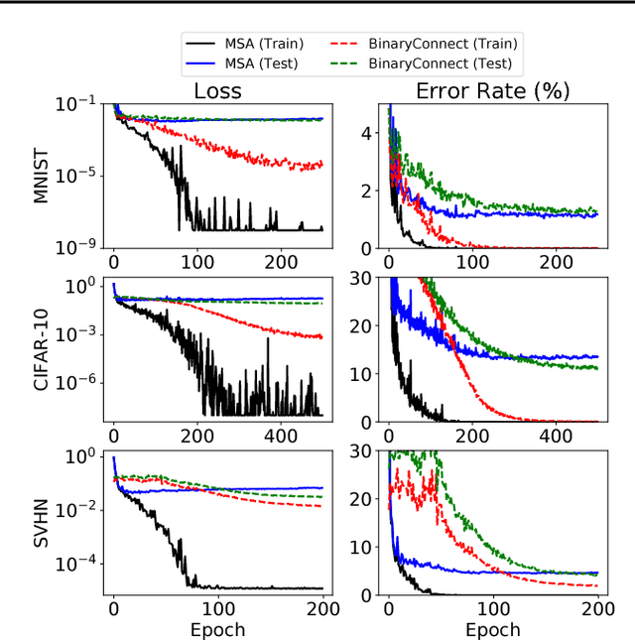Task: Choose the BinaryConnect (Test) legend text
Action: pos(441,64)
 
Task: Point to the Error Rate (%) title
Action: pos(478,91)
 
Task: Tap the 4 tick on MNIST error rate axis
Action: pos(366,132)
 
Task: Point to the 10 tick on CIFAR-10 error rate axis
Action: pos(362,373)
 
